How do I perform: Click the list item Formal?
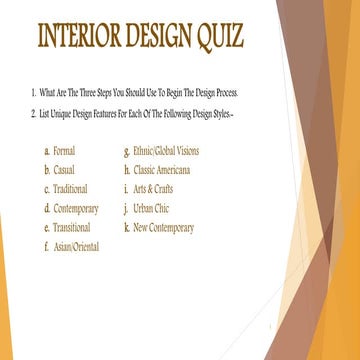(64, 151)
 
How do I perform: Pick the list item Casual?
(64, 170)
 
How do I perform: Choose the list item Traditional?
(70, 189)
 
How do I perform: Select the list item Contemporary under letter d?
(76, 208)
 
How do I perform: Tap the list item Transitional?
(71, 227)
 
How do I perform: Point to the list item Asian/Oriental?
(77, 246)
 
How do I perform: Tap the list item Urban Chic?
(153, 208)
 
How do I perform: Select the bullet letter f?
(46, 246)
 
